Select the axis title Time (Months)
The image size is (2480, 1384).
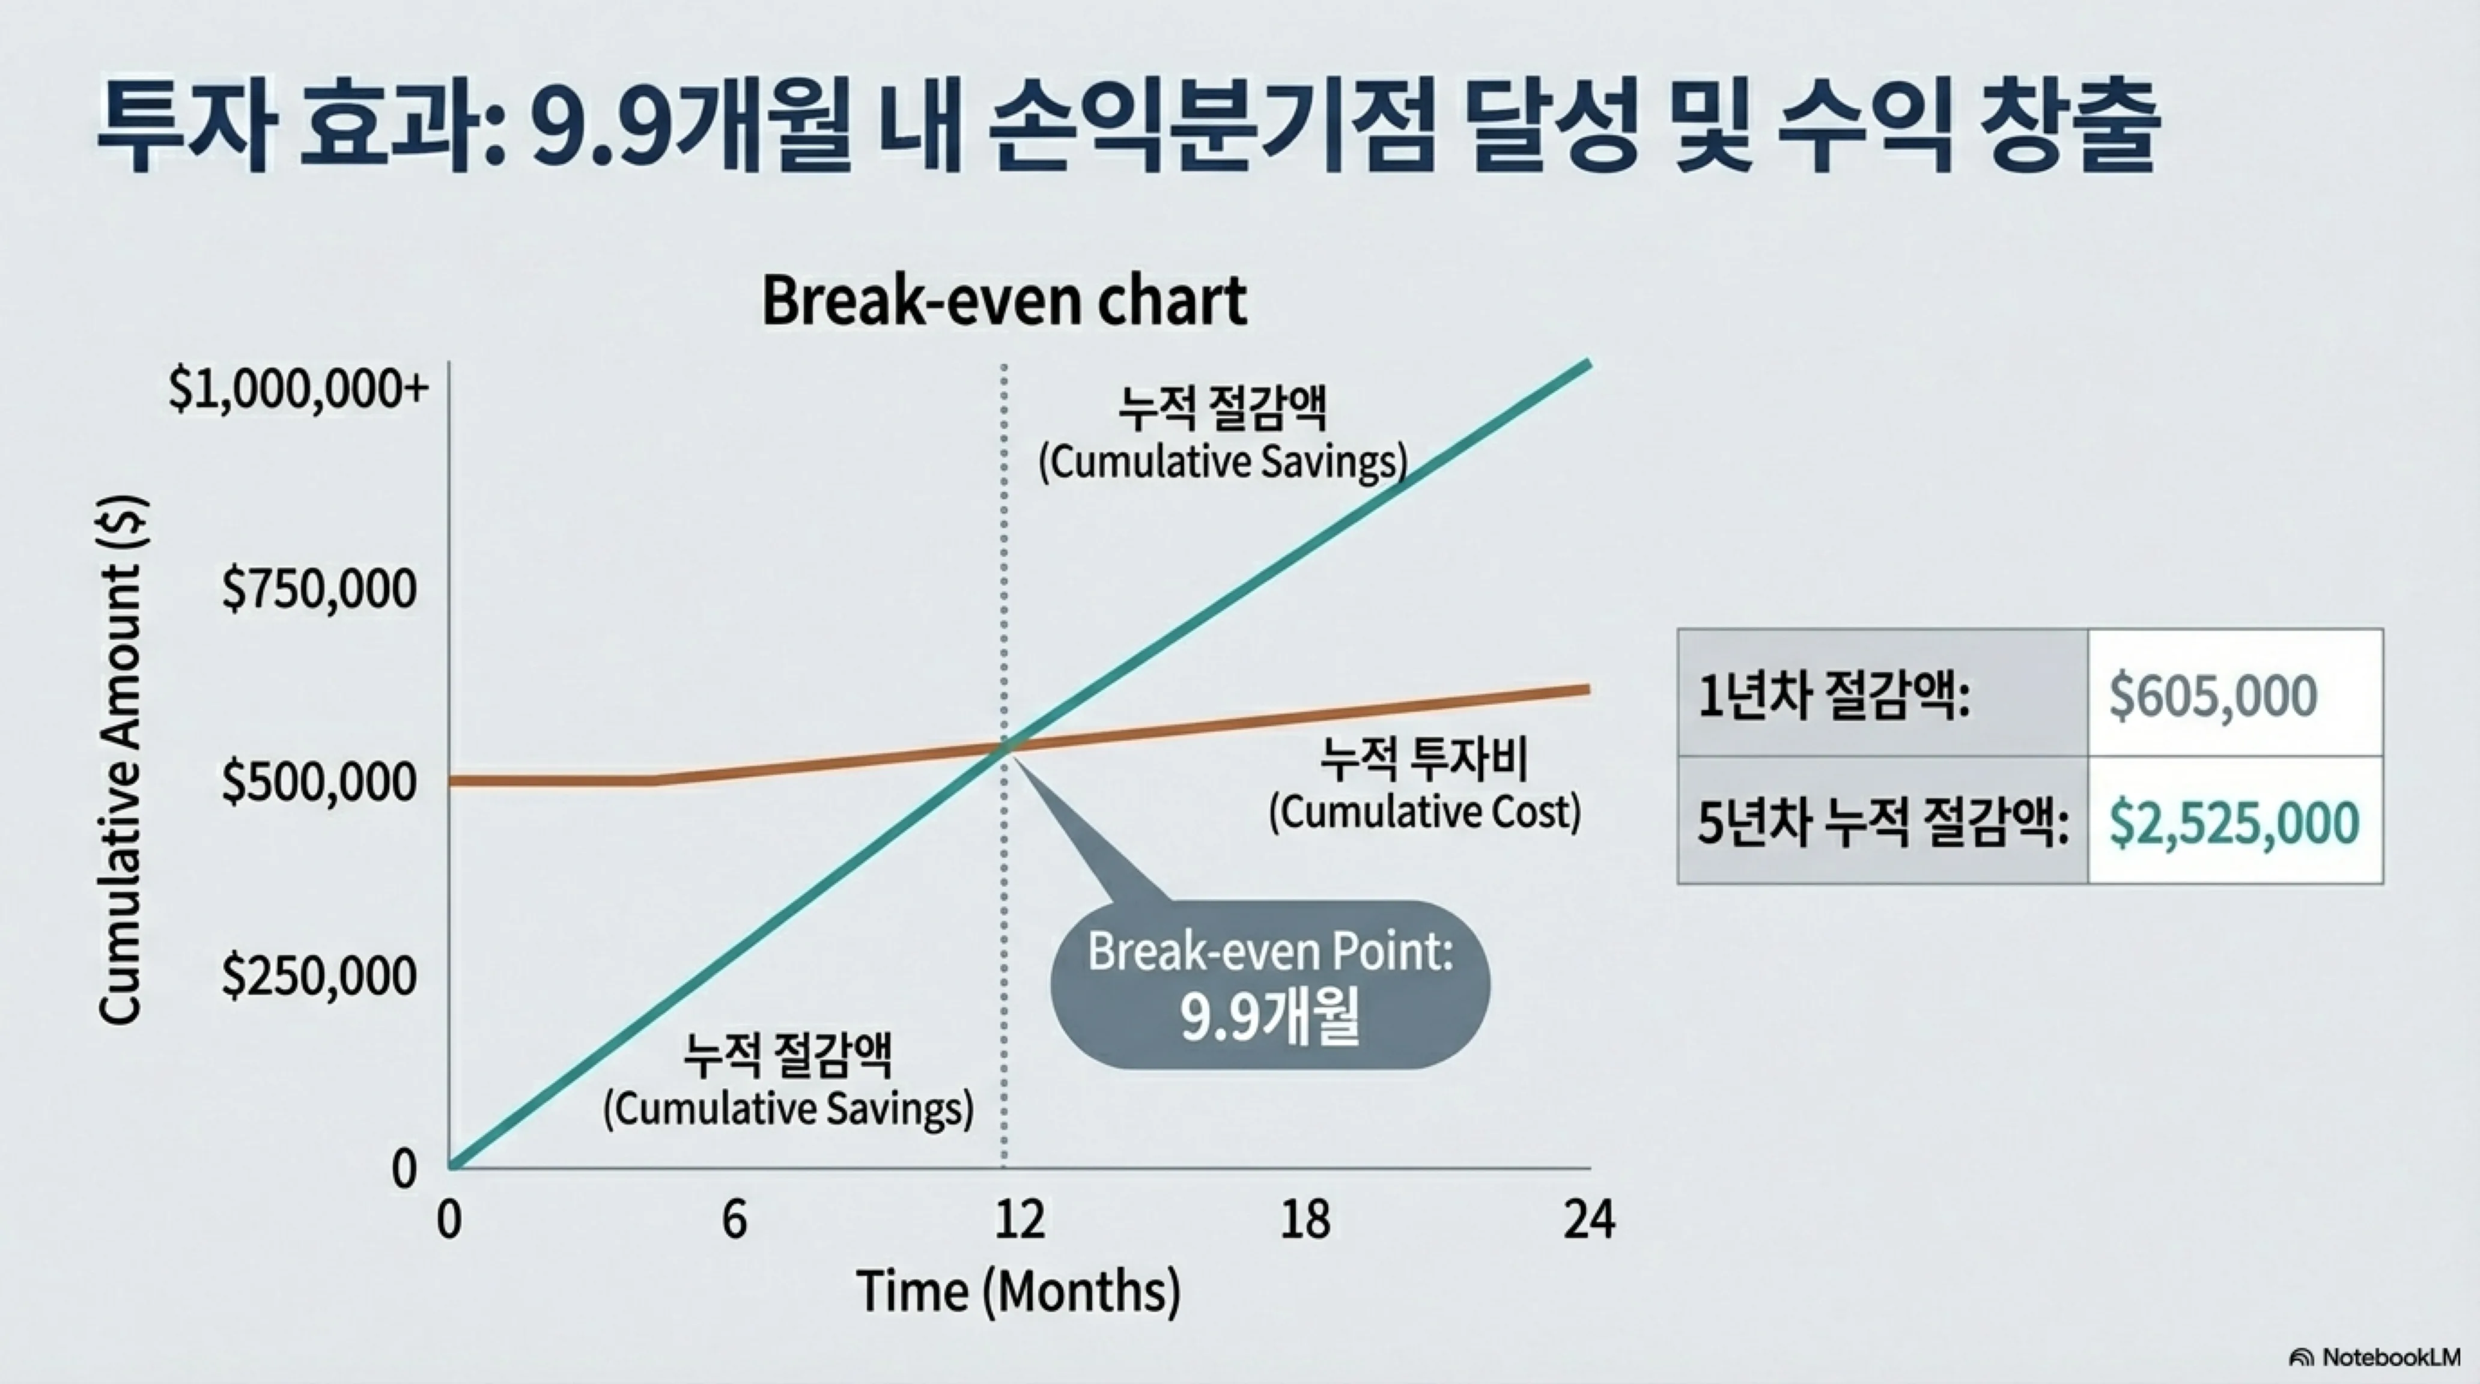1018,1291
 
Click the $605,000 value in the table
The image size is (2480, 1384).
2213,695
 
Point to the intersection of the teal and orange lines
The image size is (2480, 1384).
1004,744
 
